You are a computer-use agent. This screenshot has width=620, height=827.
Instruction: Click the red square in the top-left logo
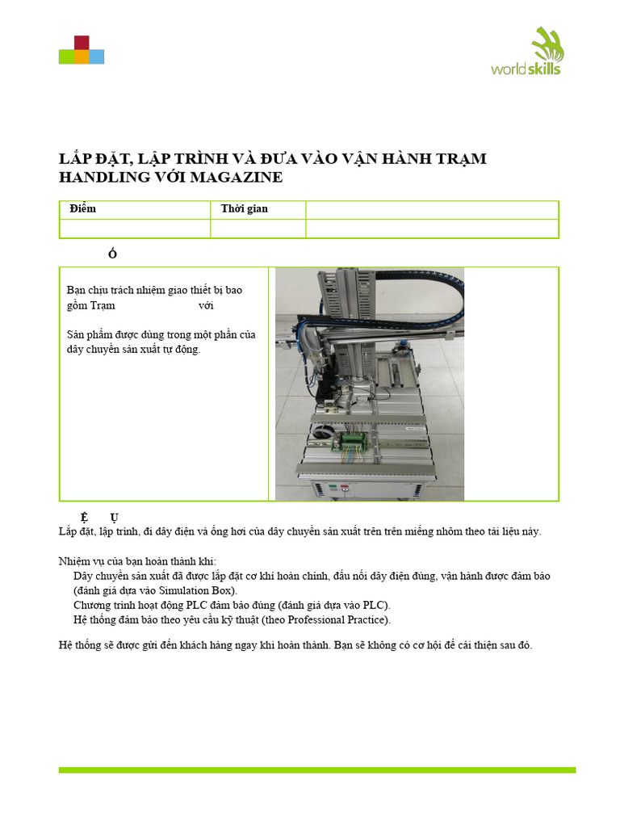click(81, 42)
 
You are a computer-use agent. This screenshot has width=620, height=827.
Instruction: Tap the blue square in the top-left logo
click(96, 57)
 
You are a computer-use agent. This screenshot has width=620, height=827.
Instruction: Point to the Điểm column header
click(83, 209)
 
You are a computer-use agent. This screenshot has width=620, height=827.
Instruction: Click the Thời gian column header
click(245, 209)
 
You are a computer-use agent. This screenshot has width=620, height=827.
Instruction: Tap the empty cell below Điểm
click(135, 229)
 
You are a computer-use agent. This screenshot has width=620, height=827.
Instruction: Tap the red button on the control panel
click(346, 488)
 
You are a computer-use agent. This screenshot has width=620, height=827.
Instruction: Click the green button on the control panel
click(330, 488)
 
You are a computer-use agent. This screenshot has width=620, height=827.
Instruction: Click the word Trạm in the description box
click(103, 306)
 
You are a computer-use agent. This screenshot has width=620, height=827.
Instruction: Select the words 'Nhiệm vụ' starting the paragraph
click(81, 561)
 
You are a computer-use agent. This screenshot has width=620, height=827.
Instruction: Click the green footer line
click(316, 770)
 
